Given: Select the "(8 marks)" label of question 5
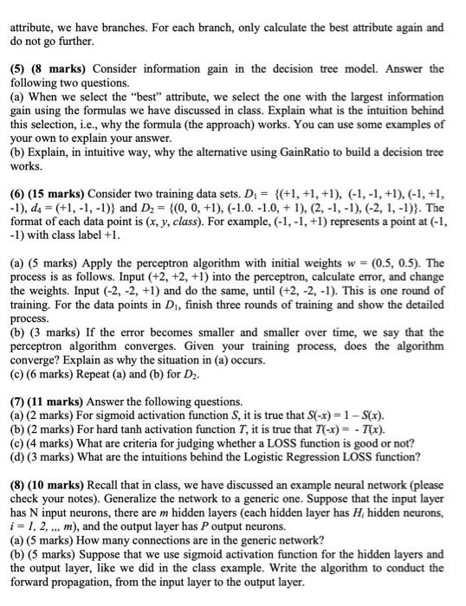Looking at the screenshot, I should pyautogui.click(x=61, y=68).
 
